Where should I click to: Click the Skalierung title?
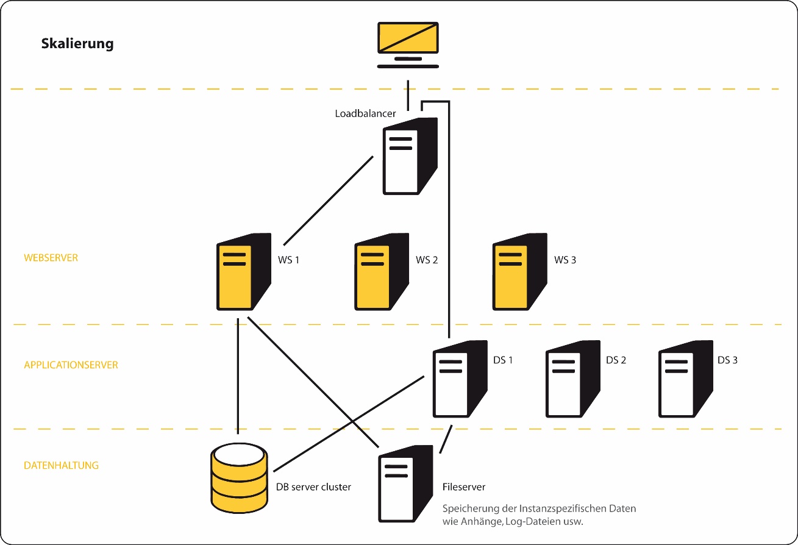77,44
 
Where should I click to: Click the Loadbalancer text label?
366,113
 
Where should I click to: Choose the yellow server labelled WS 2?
381,272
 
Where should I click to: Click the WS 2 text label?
427,260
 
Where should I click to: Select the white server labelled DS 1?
459,379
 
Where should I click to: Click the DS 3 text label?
727,360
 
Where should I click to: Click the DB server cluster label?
313,487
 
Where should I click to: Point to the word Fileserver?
463,487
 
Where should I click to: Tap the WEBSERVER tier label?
51,258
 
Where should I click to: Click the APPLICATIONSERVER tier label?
71,365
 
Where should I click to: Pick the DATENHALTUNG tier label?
61,465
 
